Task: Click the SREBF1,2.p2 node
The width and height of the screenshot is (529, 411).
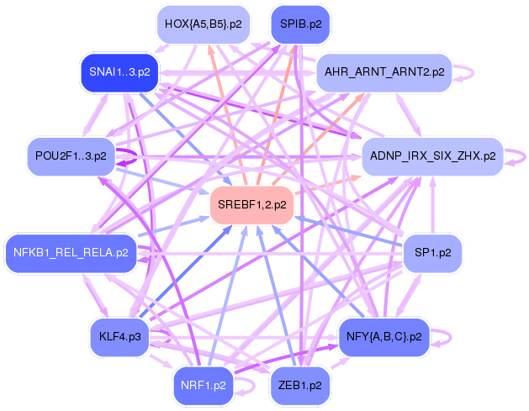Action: click(x=251, y=204)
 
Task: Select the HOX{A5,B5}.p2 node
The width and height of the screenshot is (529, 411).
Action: click(x=203, y=24)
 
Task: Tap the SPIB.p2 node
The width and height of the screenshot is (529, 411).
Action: click(x=300, y=24)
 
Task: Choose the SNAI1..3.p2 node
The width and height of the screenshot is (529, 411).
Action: click(x=119, y=72)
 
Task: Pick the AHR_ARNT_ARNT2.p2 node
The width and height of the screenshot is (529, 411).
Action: click(x=384, y=72)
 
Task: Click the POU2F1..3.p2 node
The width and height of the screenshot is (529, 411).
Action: click(x=71, y=156)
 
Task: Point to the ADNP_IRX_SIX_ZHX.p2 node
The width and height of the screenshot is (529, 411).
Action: click(x=431, y=156)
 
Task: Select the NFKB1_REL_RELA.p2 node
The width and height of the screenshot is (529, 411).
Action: click(x=71, y=251)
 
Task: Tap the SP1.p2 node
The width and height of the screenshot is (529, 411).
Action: click(x=432, y=251)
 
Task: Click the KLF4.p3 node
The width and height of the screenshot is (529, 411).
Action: click(x=119, y=336)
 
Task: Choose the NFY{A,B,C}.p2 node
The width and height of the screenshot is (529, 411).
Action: click(x=384, y=336)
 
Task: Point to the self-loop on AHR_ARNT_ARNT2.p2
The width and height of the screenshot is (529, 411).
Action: click(x=471, y=72)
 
